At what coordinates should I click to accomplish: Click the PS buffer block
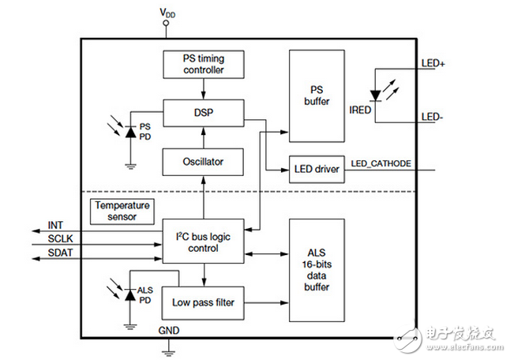(316, 96)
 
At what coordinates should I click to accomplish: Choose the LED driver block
(316, 168)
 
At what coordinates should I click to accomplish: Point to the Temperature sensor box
(122, 210)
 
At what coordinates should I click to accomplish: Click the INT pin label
(56, 224)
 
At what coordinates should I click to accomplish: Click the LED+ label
(433, 64)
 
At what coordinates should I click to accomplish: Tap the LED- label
(432, 116)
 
